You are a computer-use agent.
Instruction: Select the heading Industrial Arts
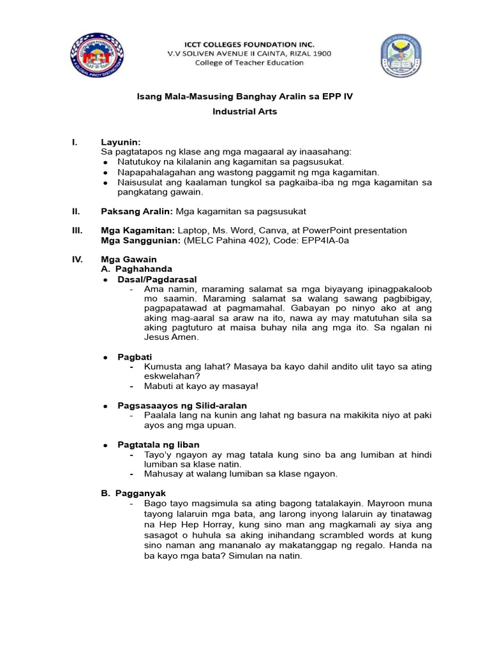click(245, 112)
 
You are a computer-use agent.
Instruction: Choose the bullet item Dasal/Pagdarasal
click(157, 279)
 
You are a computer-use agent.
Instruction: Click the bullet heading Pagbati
click(135, 356)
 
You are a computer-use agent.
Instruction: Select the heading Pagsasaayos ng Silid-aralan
click(182, 406)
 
